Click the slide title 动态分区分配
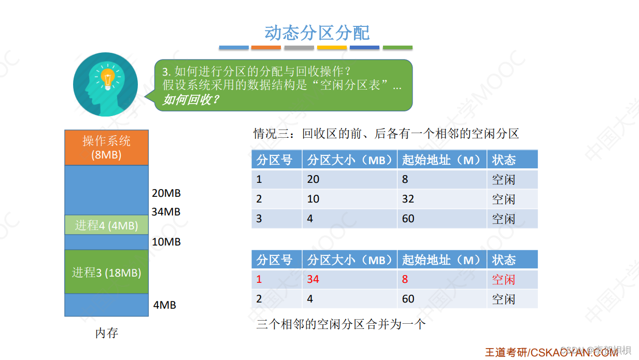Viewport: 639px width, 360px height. pos(317,33)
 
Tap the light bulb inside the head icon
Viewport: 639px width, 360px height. pos(107,78)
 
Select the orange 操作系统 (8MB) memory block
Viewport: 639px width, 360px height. pos(106,147)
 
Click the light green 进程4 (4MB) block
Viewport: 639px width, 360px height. pos(106,225)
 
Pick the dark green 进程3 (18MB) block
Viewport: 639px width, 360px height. pos(106,272)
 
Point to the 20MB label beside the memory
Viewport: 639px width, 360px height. pos(166,193)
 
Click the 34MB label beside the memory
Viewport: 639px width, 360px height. pos(166,212)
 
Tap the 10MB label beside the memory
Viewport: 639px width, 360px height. pos(166,242)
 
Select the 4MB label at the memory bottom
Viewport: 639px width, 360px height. pos(165,305)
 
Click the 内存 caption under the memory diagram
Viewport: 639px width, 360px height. pos(107,333)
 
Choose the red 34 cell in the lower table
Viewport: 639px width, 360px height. pos(313,280)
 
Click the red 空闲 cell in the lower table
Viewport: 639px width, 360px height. pos(504,280)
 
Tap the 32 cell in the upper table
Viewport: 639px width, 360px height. pos(408,199)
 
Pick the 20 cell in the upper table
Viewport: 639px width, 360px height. pos(313,180)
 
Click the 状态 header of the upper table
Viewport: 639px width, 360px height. pos(504,160)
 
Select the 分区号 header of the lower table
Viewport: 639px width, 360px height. pos(274,260)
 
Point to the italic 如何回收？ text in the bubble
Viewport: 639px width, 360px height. pos(191,99)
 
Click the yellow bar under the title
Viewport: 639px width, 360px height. pos(332,48)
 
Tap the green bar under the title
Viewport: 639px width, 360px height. pos(397,48)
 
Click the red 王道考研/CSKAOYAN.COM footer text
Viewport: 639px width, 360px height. pos(551,352)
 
